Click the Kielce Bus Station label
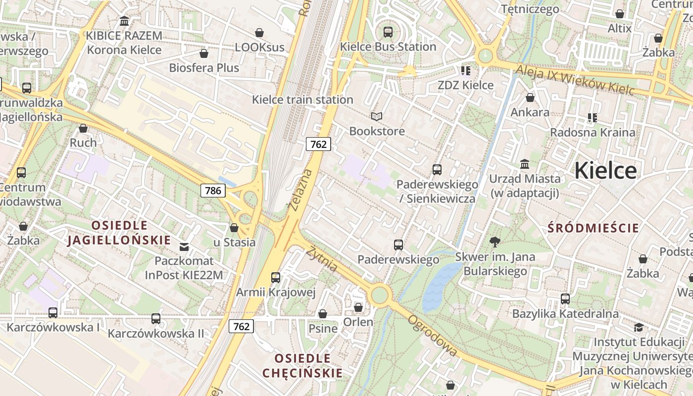(388, 47)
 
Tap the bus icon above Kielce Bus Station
(388, 32)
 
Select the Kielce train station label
(302, 99)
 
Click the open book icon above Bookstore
(377, 116)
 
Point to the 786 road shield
(213, 191)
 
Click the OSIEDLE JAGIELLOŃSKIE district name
(119, 233)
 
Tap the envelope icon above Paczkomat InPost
(184, 247)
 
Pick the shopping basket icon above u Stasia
(234, 228)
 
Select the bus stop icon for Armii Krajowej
(276, 278)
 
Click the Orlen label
(358, 322)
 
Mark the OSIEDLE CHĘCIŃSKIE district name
(302, 365)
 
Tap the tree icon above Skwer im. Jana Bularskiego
(494, 242)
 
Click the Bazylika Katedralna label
(565, 314)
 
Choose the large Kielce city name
(605, 171)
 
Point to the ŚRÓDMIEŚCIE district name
(594, 228)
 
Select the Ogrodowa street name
(432, 335)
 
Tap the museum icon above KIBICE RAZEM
(124, 21)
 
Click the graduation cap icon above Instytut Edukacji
(639, 327)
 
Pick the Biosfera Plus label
(204, 68)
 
